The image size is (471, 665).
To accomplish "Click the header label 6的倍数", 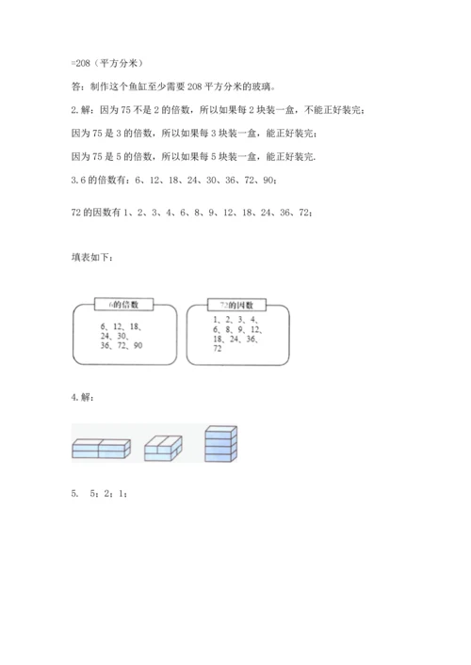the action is coord(122,304).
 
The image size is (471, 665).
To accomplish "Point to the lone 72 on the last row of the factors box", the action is coord(219,349).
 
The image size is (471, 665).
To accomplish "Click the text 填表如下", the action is coord(92,256).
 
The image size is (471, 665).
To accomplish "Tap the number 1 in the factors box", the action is coord(216,320).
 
